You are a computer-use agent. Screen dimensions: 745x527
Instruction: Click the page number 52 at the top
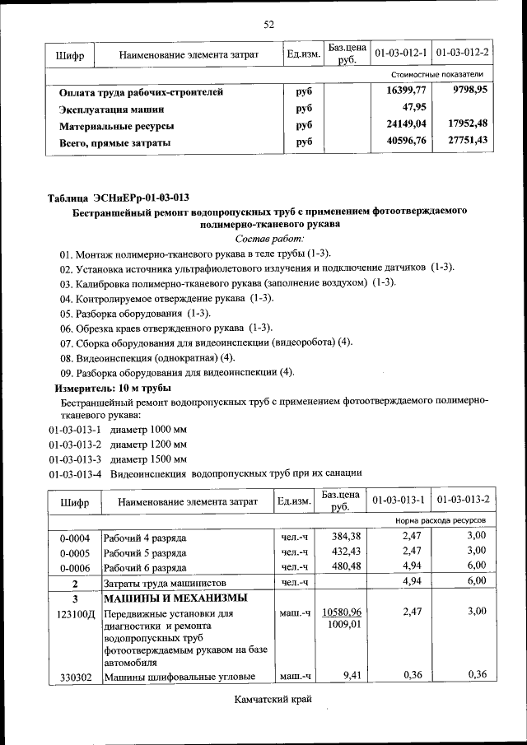pyautogui.click(x=268, y=24)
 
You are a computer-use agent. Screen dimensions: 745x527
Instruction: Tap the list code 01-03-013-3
pyautogui.click(x=75, y=459)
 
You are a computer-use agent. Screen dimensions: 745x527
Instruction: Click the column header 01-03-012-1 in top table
pyautogui.click(x=399, y=54)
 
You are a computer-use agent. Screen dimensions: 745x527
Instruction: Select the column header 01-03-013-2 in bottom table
pyautogui.click(x=464, y=501)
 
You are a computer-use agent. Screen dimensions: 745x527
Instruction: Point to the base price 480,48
pyautogui.click(x=347, y=566)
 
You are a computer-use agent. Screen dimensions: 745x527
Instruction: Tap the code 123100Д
pyautogui.click(x=77, y=613)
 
